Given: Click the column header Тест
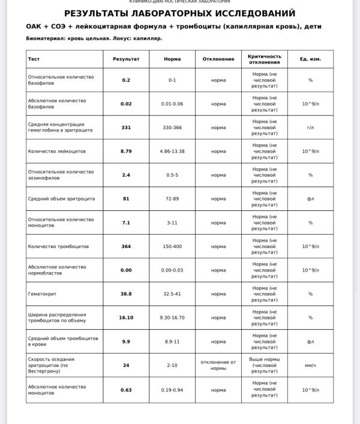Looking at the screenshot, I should tap(34, 59).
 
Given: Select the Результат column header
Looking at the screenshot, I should tap(126, 59).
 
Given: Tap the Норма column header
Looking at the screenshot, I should tap(172, 59).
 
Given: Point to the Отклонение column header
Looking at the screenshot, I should tap(218, 59).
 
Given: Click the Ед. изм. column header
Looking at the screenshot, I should tap(310, 59).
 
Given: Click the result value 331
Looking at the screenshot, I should tap(126, 127).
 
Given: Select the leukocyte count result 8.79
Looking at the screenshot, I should tap(126, 151).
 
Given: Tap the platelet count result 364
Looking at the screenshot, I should tap(126, 246).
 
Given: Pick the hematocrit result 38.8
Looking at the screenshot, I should tap(126, 294).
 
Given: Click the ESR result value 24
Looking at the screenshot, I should tap(126, 365).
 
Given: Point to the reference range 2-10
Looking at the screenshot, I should tap(172, 365).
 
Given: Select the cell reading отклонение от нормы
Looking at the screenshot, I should tap(218, 365).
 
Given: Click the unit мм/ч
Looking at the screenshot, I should tap(310, 365).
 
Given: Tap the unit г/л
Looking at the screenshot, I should tap(310, 127).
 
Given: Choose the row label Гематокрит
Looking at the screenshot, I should tap(42, 294).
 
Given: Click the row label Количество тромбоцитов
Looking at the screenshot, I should tap(58, 246).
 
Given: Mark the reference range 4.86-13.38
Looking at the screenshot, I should tap(172, 151).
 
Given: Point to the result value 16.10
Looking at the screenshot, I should tap(126, 318).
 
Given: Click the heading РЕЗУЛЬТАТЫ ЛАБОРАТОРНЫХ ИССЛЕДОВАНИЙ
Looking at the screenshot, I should tap(180, 13).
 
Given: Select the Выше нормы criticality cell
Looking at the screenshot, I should tap(265, 365).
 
